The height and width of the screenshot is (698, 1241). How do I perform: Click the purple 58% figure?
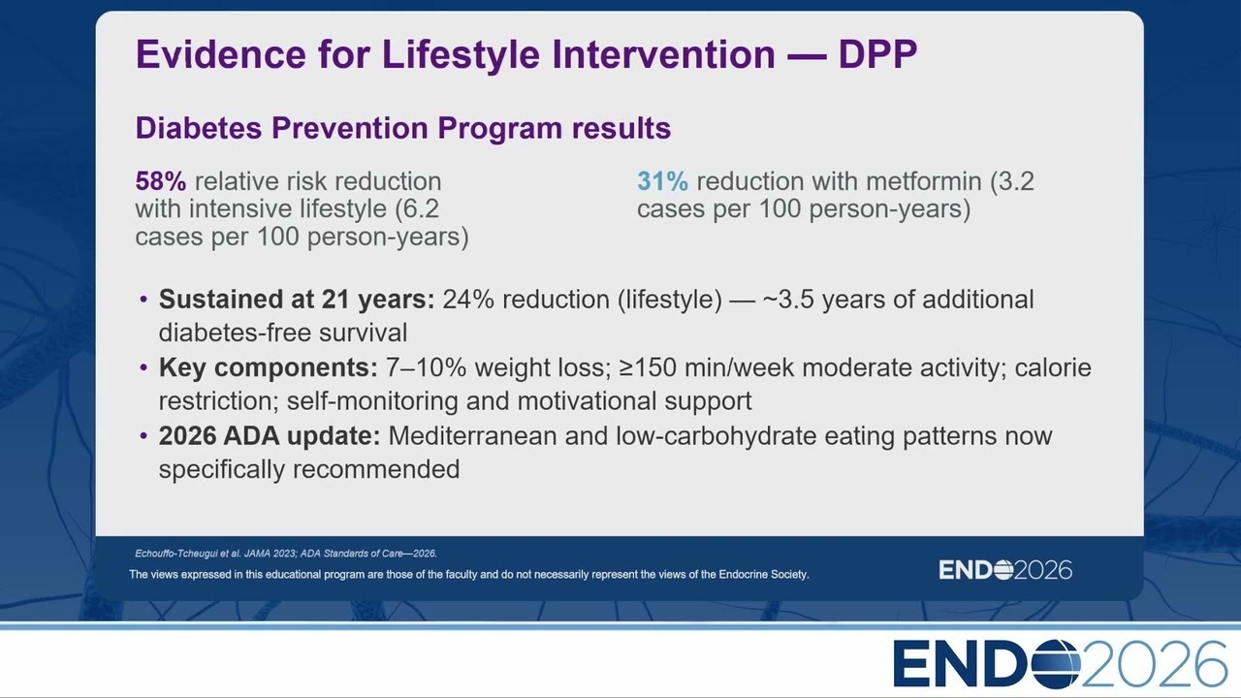[x=161, y=181]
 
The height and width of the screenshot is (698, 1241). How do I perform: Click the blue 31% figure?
[x=662, y=181]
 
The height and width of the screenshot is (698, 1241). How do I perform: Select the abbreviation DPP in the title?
[x=877, y=54]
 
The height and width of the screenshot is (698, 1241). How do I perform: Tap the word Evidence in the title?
[x=220, y=54]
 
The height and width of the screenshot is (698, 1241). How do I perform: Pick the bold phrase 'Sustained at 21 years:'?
[x=297, y=300]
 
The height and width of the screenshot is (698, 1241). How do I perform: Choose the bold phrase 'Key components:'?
[x=269, y=367]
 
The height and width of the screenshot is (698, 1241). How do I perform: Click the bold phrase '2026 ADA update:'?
[x=270, y=436]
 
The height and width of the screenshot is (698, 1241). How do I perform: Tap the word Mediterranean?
[x=472, y=436]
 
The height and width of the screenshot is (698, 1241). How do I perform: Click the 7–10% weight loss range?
[x=426, y=367]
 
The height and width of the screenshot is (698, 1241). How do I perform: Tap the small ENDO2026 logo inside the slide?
[x=1005, y=570]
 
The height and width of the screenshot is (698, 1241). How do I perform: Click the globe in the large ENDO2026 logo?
[x=1053, y=664]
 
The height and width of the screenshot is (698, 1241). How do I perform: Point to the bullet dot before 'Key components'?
[x=144, y=367]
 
